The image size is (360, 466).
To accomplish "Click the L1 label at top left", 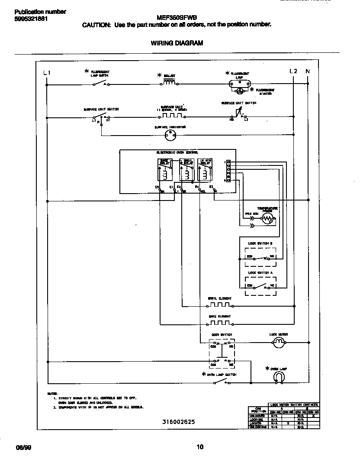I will click(47, 73).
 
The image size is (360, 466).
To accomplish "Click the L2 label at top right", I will click(293, 71).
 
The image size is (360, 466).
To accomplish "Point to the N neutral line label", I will click(308, 71).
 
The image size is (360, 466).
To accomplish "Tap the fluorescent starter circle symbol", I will click(239, 91).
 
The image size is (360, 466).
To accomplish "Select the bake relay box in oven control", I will click(165, 169).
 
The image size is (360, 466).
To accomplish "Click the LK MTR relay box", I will click(204, 169).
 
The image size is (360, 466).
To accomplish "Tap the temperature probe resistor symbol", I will click(267, 219).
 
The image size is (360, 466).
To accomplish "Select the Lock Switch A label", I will click(261, 273).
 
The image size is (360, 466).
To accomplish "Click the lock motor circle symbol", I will click(279, 343).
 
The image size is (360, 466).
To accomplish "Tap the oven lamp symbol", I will click(279, 378).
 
